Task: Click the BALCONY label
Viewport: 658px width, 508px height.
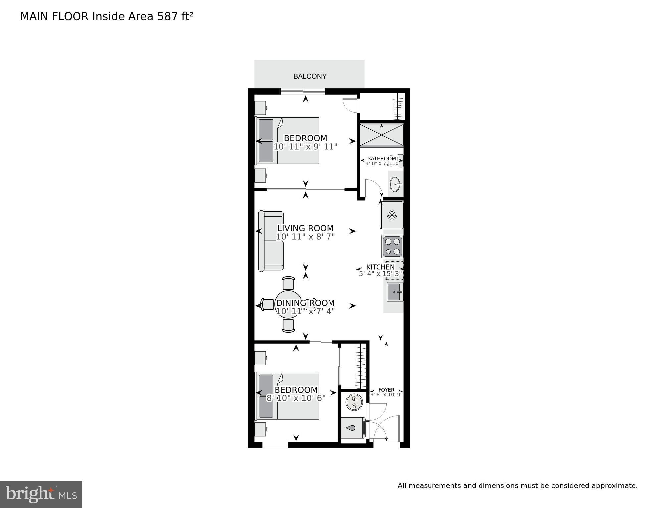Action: [310, 76]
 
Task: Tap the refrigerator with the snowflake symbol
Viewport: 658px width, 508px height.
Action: [392, 215]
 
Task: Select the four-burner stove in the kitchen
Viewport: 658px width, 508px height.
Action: [392, 247]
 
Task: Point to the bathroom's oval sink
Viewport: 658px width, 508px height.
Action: [395, 184]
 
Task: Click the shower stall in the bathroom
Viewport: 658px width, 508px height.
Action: [381, 135]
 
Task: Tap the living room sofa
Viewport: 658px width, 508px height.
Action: [271, 241]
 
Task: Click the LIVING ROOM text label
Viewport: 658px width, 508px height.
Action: [305, 228]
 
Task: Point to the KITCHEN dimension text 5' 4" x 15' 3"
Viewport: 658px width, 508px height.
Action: [380, 274]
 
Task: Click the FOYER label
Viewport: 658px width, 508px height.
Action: [386, 390]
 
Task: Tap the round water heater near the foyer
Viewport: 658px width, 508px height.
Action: [354, 402]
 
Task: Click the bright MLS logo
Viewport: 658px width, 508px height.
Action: [41, 494]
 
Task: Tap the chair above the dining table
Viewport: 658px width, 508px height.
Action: [288, 283]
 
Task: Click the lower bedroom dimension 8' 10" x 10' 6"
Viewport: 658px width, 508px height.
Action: [296, 398]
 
